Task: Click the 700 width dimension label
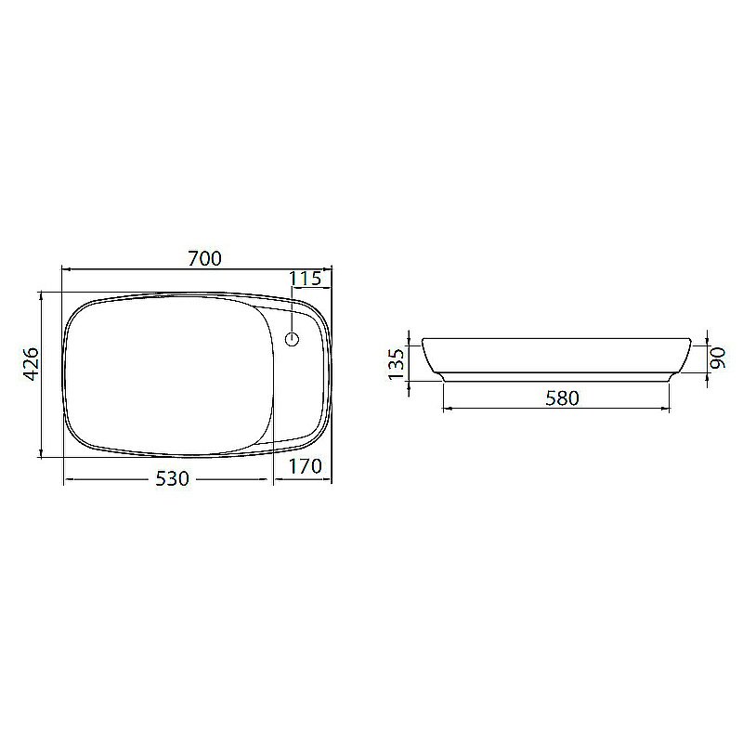pos(204,259)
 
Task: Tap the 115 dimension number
pos(306,279)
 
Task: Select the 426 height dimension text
pos(32,364)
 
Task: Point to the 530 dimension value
pos(173,479)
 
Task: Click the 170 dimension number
pos(306,467)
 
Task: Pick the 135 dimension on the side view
pos(397,364)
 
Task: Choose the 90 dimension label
pos(718,358)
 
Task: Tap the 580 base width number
pos(563,398)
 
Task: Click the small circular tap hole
pos(292,339)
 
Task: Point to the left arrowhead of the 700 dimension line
pos(66,269)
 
